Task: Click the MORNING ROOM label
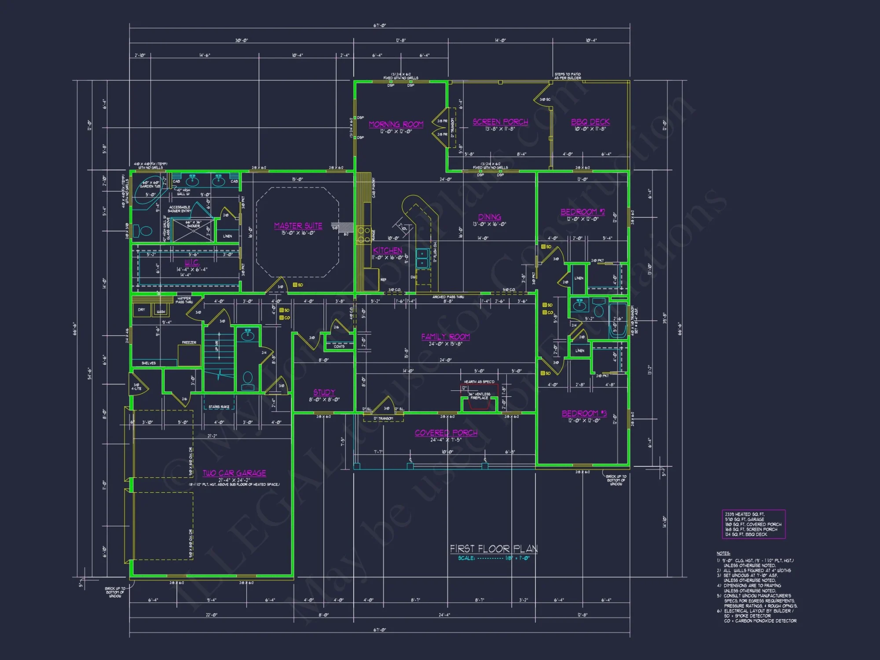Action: (x=396, y=125)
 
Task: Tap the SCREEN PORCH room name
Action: (x=500, y=122)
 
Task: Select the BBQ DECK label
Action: (x=590, y=122)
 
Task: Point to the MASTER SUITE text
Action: (x=298, y=226)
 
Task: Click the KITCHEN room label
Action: (x=388, y=250)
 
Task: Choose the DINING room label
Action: (x=489, y=217)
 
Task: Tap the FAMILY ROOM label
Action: (x=445, y=337)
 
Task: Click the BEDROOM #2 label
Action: (x=583, y=212)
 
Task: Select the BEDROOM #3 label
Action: (x=584, y=414)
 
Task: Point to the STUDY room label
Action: (x=324, y=392)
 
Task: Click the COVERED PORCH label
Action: (x=446, y=433)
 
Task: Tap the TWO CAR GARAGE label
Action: (x=234, y=473)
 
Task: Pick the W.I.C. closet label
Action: (x=192, y=263)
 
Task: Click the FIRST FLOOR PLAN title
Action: (x=493, y=549)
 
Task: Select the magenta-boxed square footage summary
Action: (x=753, y=524)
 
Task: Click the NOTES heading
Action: (x=723, y=554)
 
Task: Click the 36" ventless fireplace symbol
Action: (x=479, y=399)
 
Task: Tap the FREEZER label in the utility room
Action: (x=189, y=343)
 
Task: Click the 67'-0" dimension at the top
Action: (x=380, y=26)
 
